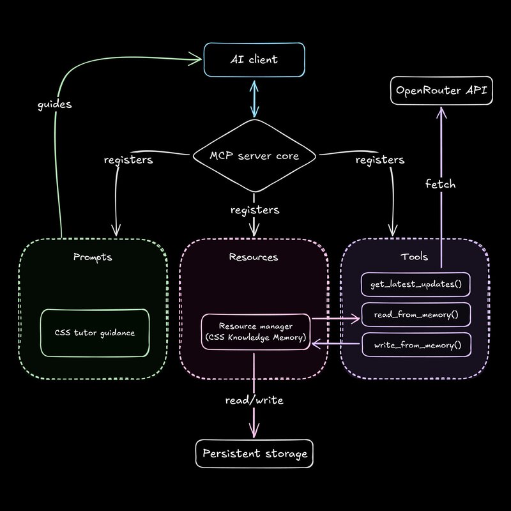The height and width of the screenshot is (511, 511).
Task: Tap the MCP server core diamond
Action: pyautogui.click(x=255, y=156)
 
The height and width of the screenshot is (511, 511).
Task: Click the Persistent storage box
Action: pyautogui.click(x=255, y=454)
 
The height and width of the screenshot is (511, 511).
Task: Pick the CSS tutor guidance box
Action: pyautogui.click(x=95, y=333)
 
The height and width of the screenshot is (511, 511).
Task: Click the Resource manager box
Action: pyautogui.click(x=256, y=332)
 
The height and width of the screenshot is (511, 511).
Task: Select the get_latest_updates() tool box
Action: pyautogui.click(x=416, y=283)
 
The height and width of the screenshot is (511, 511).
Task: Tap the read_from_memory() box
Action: pyautogui.click(x=416, y=315)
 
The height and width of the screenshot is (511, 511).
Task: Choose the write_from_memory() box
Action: pyautogui.click(x=416, y=346)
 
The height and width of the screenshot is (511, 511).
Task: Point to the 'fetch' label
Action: pyautogui.click(x=441, y=184)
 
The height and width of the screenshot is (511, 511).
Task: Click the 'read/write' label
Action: pyautogui.click(x=254, y=400)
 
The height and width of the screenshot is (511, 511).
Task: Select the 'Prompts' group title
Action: pyautogui.click(x=93, y=257)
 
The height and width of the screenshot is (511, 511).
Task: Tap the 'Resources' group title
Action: pyautogui.click(x=254, y=257)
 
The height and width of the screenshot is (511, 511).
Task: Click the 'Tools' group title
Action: pyautogui.click(x=415, y=257)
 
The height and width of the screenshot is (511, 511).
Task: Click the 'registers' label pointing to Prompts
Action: pyautogui.click(x=128, y=160)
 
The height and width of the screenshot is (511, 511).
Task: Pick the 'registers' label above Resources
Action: pyautogui.click(x=255, y=209)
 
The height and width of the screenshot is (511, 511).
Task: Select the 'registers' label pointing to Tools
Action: pyautogui.click(x=381, y=160)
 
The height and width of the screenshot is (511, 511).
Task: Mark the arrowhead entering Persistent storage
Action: pyautogui.click(x=255, y=433)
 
